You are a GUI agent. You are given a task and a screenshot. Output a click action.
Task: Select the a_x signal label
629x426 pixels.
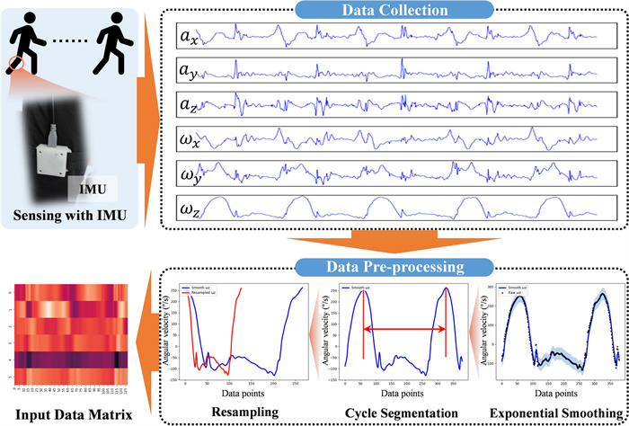pyautogui.click(x=188, y=37)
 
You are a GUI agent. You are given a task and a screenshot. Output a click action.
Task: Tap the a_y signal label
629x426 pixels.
pyautogui.click(x=188, y=70)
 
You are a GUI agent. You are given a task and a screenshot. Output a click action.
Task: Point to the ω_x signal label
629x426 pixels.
pyautogui.click(x=188, y=138)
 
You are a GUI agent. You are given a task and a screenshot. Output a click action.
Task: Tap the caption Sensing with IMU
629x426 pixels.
pyautogui.click(x=68, y=216)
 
